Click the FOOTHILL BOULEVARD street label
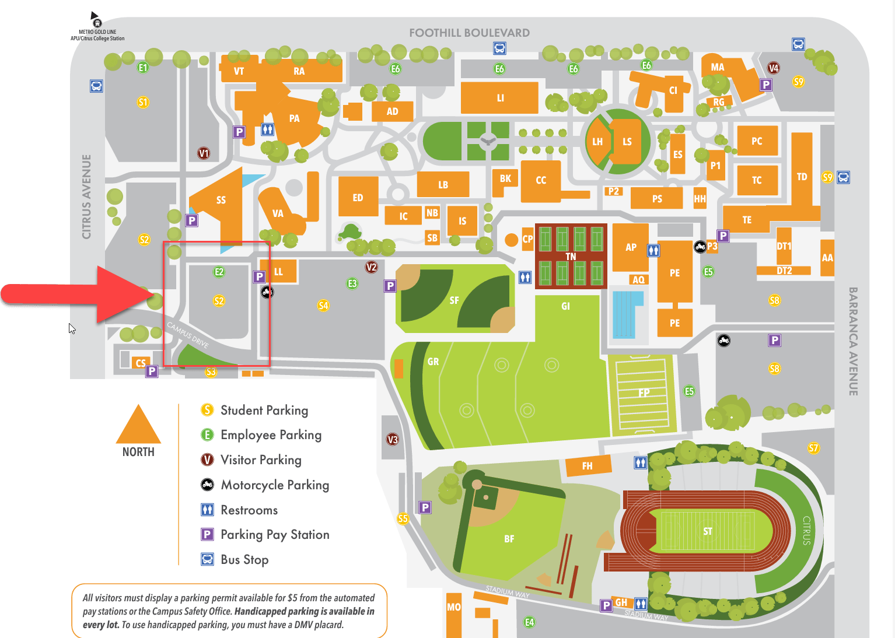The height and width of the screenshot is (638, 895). (469, 33)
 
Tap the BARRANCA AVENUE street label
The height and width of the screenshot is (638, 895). (853, 341)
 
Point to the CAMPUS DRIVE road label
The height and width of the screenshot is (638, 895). (188, 334)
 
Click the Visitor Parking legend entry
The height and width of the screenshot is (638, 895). (261, 460)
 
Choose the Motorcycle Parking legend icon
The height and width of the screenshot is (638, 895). (207, 485)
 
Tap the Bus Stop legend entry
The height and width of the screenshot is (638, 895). (244, 560)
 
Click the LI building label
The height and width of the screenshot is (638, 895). (500, 98)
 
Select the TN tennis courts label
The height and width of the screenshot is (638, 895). (571, 257)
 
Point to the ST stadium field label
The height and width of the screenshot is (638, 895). (707, 531)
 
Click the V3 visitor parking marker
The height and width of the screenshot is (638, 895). (393, 440)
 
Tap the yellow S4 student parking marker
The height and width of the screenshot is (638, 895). (323, 305)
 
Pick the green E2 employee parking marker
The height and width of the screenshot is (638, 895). (219, 272)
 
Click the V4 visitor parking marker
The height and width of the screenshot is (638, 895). (774, 68)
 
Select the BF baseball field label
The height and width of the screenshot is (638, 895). (509, 539)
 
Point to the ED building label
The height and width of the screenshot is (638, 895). (358, 198)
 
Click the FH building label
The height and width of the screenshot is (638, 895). (587, 466)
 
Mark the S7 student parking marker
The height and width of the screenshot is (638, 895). (813, 448)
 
